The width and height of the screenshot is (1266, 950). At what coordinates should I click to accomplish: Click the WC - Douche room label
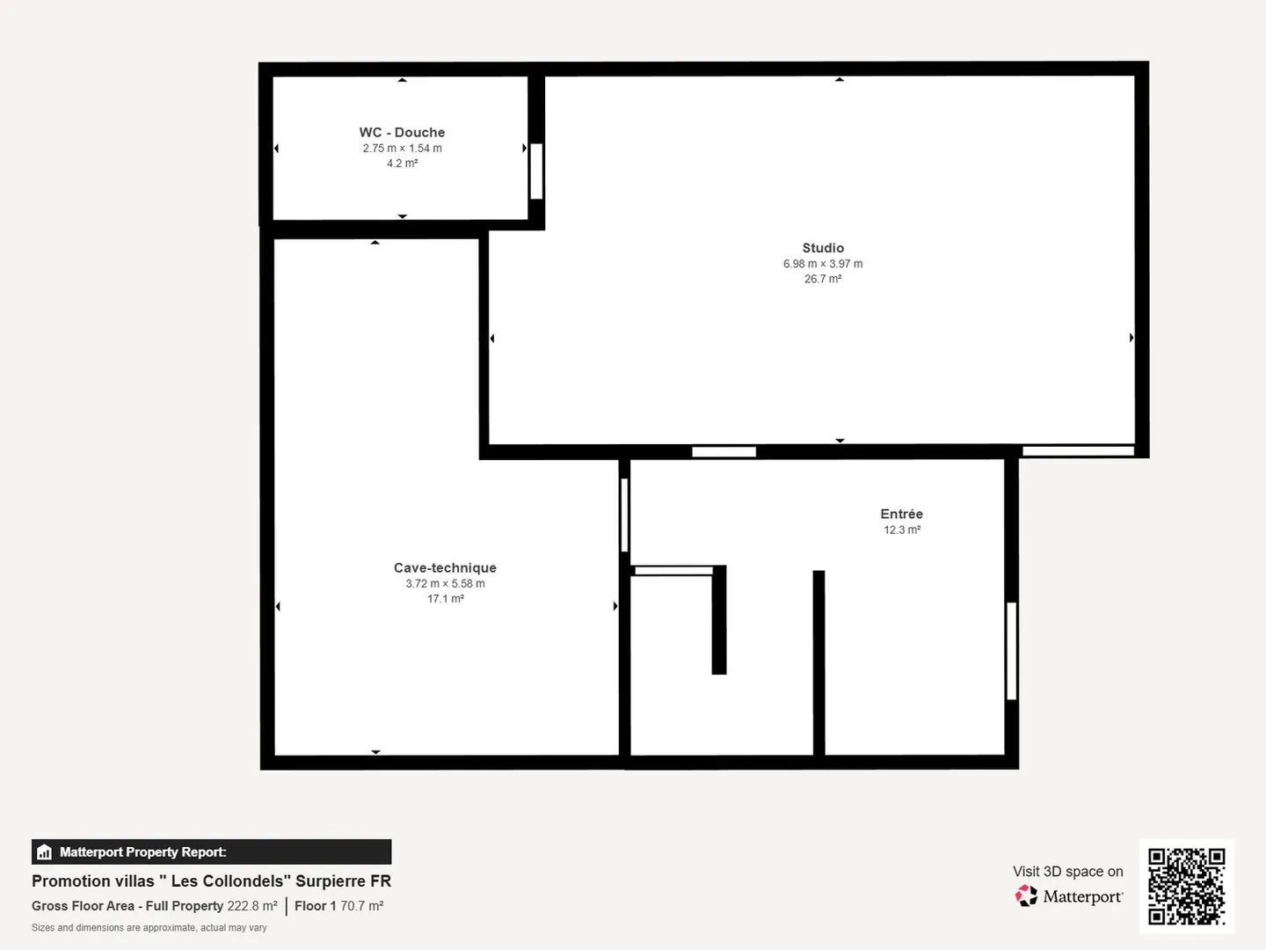point(402,133)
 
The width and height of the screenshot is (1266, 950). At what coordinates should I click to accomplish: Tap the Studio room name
point(823,248)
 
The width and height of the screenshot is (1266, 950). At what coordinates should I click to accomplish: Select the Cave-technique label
point(445,568)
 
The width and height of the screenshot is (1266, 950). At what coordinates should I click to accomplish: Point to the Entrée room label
point(901,514)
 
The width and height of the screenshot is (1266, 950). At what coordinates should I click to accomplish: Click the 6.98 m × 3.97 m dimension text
point(823,264)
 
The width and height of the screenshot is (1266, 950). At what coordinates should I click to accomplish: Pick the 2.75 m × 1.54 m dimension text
point(402,149)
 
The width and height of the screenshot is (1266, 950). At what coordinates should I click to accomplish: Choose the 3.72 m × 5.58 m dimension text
point(445,584)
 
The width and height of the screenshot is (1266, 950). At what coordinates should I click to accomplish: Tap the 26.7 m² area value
point(823,279)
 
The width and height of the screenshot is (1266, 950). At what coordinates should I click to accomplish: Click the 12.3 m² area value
point(902,530)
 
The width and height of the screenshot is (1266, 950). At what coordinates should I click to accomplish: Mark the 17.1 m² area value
point(446,599)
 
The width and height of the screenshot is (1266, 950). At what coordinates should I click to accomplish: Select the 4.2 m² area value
point(402,164)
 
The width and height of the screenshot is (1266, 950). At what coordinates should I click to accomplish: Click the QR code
point(1187,886)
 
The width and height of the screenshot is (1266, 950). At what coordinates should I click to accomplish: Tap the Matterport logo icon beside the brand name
point(1026,896)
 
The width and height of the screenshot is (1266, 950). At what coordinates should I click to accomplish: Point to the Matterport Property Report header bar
point(211,851)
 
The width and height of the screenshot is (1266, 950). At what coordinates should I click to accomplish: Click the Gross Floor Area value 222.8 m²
point(252,906)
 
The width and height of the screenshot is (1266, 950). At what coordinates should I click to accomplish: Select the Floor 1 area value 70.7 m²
point(362,906)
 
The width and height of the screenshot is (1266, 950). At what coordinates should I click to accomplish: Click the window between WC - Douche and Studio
point(536,171)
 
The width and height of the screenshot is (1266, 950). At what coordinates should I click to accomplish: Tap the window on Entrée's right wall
point(1011,650)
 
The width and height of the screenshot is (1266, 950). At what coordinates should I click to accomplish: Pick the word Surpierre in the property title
point(328,881)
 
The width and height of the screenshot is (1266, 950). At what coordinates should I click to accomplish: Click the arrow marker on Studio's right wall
point(1131,338)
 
